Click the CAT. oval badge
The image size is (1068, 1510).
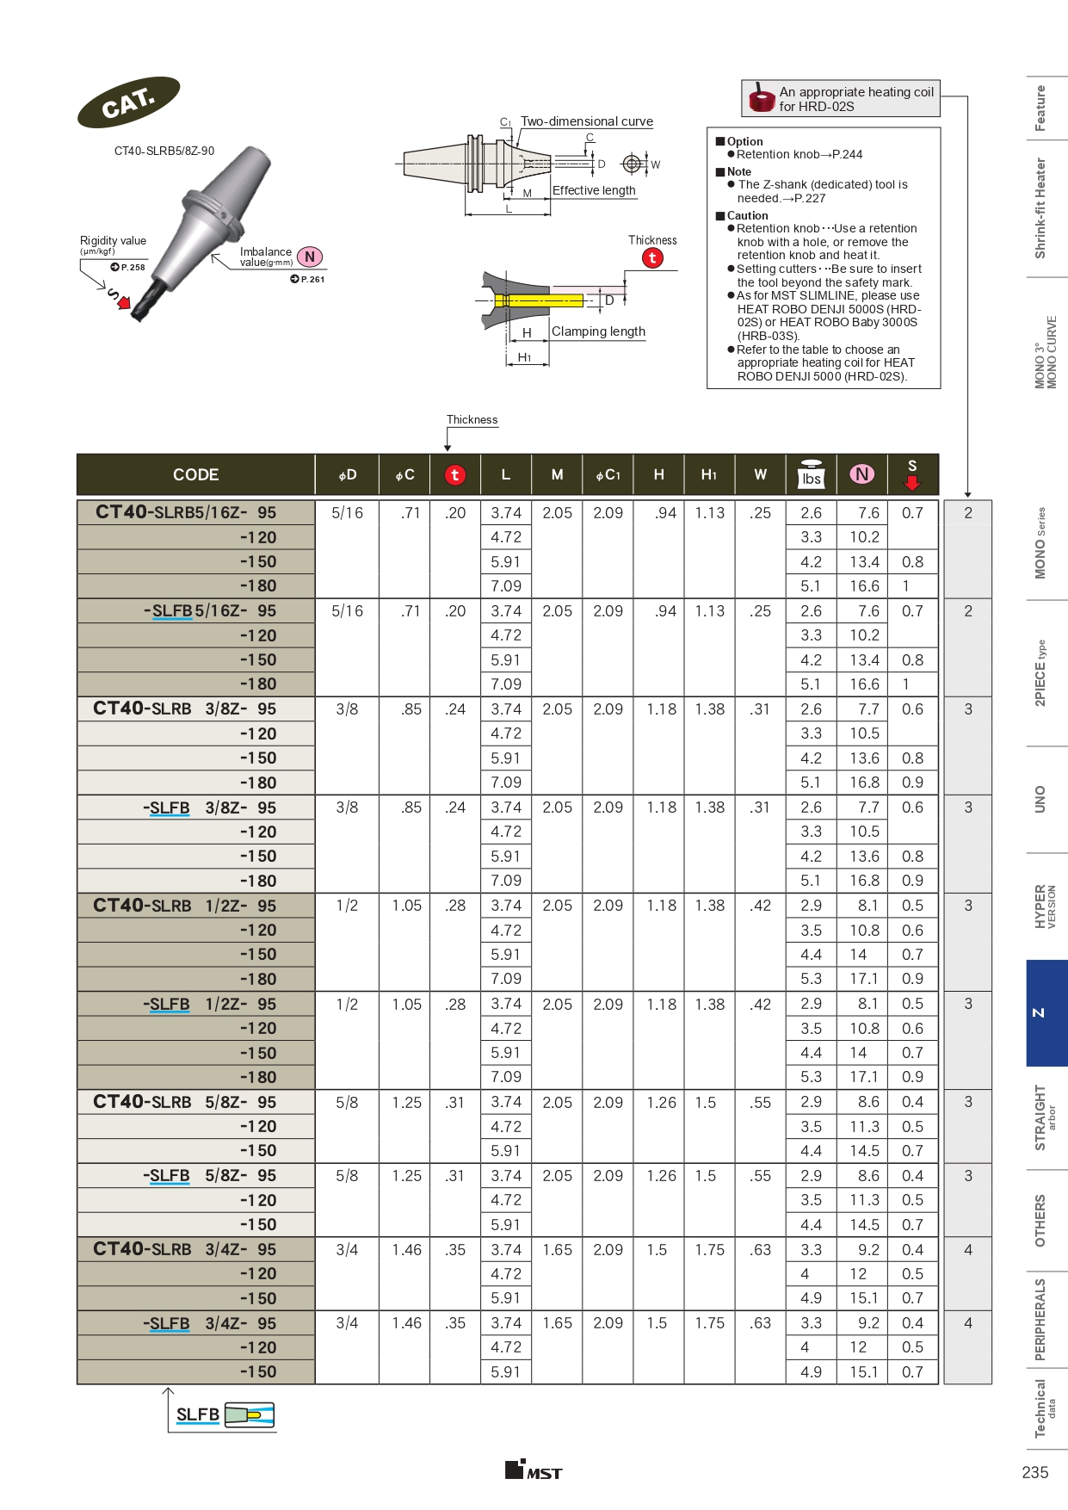128,102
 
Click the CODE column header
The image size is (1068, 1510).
195,474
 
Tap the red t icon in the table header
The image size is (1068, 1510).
454,474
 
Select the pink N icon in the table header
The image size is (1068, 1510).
861,474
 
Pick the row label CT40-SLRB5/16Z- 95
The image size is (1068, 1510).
186,512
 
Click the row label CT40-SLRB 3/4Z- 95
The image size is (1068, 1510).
185,1249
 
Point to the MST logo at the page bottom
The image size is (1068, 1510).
534,1470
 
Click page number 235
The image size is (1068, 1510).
1034,1472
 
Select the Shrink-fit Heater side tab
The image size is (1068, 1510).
1040,208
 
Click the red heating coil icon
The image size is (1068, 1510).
762,98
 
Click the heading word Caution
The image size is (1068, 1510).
747,216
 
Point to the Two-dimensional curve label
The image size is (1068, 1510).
587,121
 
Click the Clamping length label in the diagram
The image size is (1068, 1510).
598,331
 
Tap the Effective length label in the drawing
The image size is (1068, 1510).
594,190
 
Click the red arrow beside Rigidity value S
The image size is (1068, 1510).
124,302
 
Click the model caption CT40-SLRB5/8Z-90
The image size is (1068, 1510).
164,151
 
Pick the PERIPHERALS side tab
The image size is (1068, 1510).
1040,1319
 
